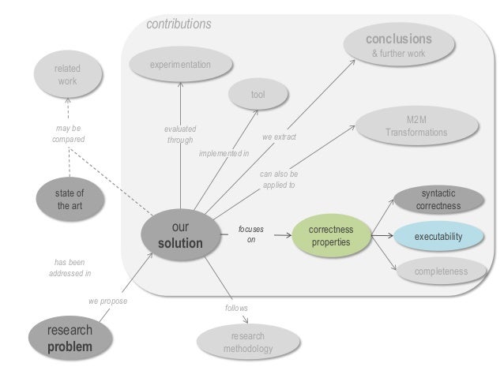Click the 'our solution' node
[180, 235]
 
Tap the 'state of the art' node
[69, 199]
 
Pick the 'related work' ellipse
[67, 77]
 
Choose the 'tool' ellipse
[258, 95]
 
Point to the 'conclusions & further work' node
[398, 45]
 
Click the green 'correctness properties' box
[331, 235]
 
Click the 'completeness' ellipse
[442, 271]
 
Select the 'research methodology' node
[247, 342]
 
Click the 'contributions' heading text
[179, 24]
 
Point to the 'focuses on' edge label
[251, 234]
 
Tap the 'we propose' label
[107, 301]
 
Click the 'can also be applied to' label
[279, 179]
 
